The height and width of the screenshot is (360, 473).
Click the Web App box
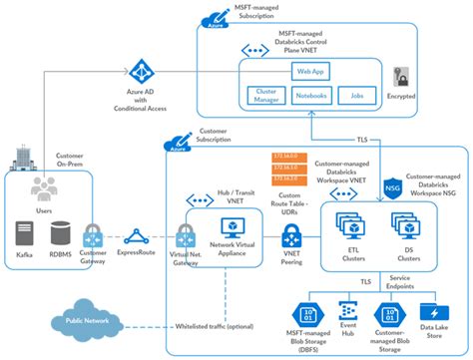(x=308, y=73)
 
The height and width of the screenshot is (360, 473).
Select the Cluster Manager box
(x=266, y=96)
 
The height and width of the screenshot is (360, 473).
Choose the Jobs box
(x=356, y=96)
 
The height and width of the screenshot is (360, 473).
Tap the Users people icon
(x=43, y=187)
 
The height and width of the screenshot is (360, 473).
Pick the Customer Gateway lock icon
(x=92, y=236)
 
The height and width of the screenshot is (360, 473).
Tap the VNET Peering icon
(x=292, y=237)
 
